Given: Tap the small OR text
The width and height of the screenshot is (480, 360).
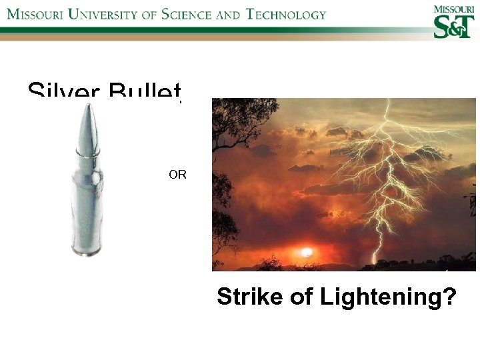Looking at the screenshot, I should pos(177,175).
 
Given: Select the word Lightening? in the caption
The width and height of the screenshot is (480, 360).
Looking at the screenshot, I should pos(389,297).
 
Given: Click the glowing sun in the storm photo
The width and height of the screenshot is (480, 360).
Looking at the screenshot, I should pos(306,253).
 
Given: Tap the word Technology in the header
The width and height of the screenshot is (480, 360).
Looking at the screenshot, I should pos(285,14).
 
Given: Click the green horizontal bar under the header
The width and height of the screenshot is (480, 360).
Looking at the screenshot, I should pos(200,29).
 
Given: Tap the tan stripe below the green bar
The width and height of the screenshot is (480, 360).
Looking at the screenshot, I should pos(200,37).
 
